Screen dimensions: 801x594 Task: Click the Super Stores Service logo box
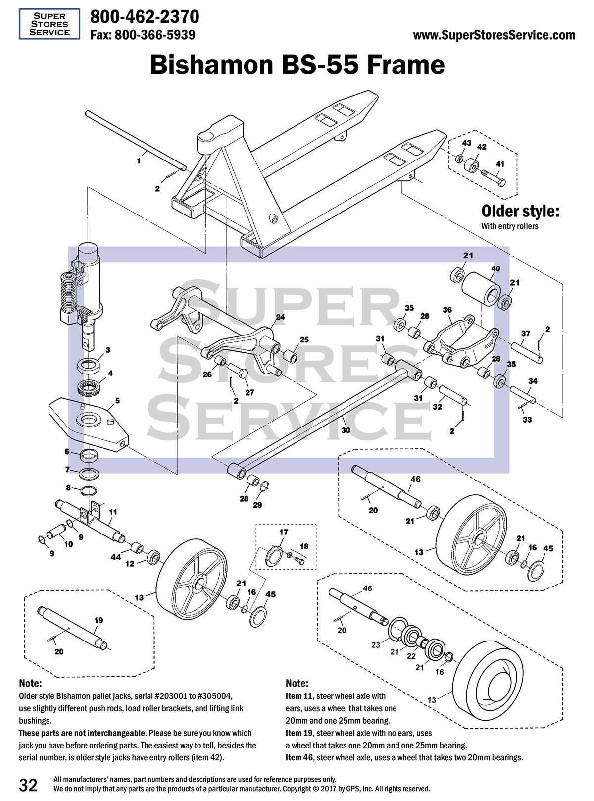[x=49, y=24]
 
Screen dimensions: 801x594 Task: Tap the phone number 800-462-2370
[x=145, y=17]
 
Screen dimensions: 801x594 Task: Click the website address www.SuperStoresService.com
[x=494, y=35]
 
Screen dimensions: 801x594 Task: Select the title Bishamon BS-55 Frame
[x=297, y=65]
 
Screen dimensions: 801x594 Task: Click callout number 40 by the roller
[x=495, y=268]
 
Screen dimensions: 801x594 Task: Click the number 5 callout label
[x=117, y=400]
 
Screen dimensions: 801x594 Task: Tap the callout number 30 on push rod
[x=346, y=430]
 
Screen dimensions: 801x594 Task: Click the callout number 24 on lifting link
[x=280, y=317]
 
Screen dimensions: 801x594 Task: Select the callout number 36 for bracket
[x=447, y=310]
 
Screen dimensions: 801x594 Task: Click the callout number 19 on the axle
[x=99, y=620]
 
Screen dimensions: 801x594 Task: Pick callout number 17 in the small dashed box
[x=284, y=532]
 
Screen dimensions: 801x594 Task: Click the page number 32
[x=28, y=785]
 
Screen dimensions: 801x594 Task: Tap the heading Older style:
[x=520, y=212]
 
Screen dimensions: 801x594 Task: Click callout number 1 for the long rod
[x=139, y=160]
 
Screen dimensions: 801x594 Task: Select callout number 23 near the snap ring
[x=376, y=644]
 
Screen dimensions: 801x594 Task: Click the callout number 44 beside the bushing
[x=115, y=557]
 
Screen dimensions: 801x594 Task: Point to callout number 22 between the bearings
[x=411, y=656]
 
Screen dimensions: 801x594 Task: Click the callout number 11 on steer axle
[x=113, y=512]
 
